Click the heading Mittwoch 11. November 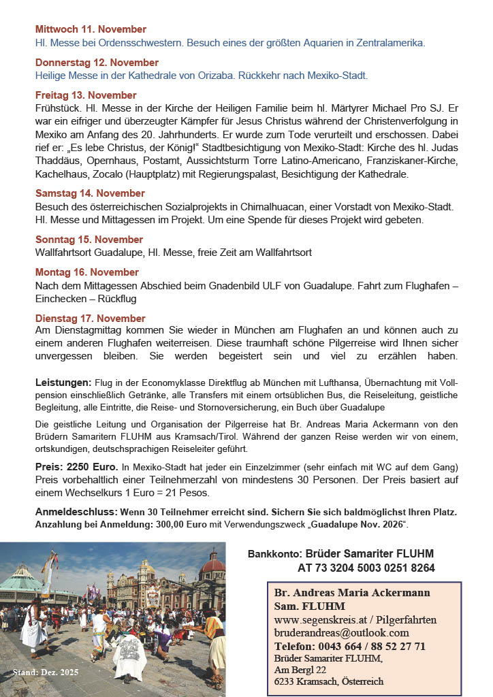pos(91,29)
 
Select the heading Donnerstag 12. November pos(97,63)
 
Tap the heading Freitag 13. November pos(86,95)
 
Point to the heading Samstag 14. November pos(90,193)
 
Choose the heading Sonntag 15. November pos(89,240)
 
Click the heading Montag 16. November pos(86,272)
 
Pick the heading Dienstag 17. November pos(91,318)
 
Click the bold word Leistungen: pos(63,383)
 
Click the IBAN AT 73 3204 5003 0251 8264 pos(366,568)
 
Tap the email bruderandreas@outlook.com pos(341,632)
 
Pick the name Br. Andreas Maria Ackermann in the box pos(351,593)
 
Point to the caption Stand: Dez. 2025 pos(46,672)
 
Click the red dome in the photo pos(213,562)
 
